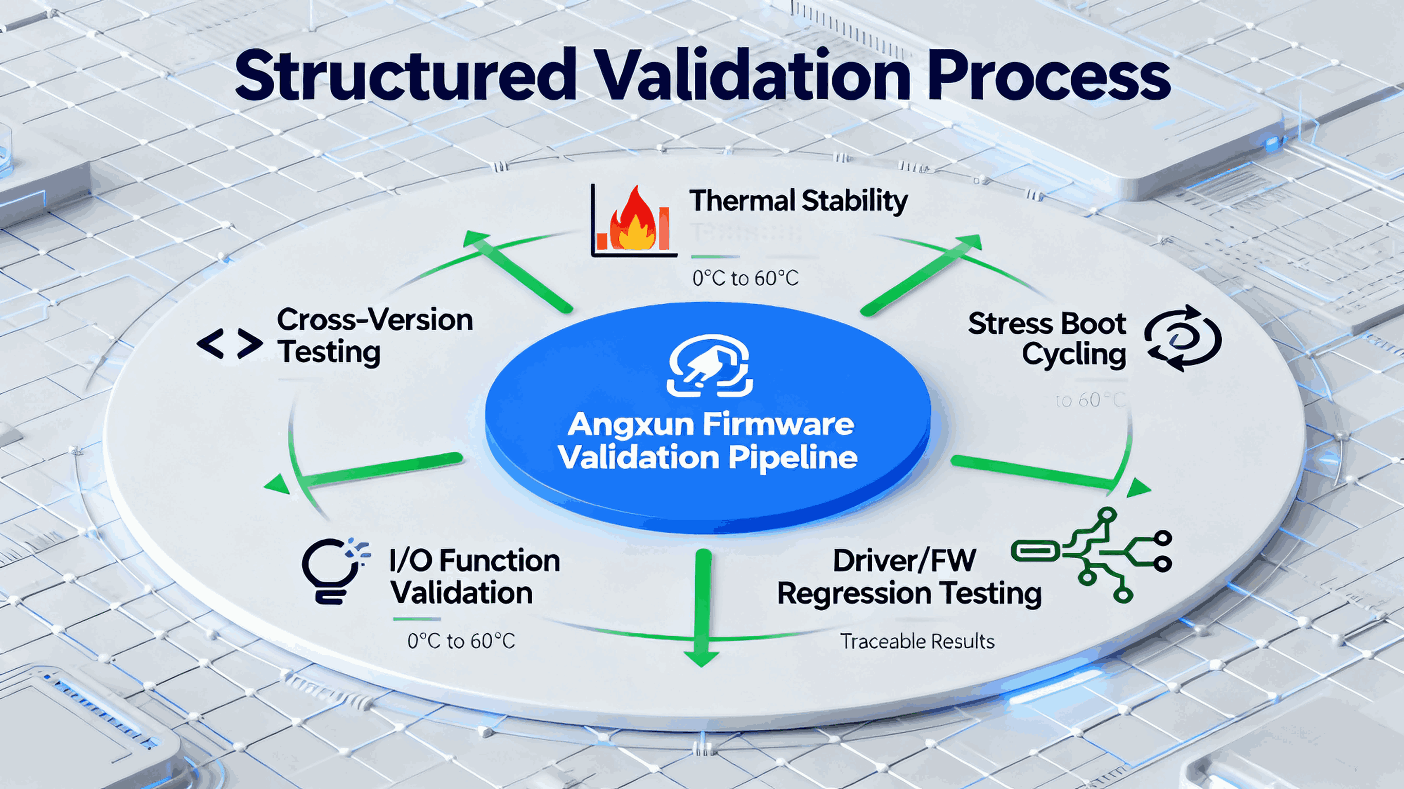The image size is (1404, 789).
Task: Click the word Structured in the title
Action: (405, 76)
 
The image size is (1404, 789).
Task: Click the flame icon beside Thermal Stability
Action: (633, 220)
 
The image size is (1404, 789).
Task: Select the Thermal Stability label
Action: (799, 201)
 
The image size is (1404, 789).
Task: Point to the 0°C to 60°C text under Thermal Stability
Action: (745, 279)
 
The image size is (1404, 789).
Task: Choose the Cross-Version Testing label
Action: (374, 336)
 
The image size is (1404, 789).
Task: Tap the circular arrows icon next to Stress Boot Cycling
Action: (1183, 338)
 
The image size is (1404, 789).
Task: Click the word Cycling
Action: (1074, 355)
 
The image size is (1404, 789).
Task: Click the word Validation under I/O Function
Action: (462, 593)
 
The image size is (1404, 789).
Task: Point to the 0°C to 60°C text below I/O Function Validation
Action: (461, 641)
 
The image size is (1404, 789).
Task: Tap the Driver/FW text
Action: (904, 561)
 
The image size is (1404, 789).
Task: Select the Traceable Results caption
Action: (917, 641)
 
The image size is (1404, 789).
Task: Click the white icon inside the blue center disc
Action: (710, 365)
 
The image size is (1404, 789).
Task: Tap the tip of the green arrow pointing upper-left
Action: (470, 235)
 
